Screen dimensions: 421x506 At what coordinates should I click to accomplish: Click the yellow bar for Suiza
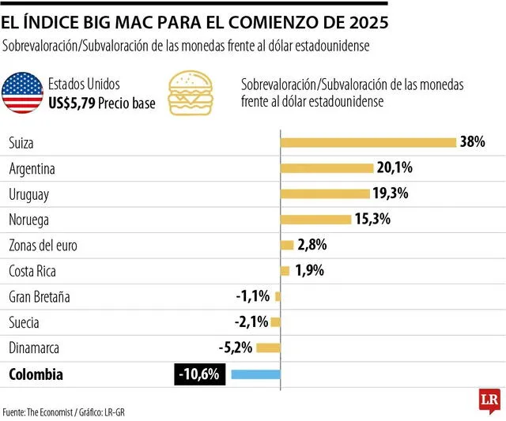tap(368, 142)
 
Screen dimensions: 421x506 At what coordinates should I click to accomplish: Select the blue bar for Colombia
tap(254, 374)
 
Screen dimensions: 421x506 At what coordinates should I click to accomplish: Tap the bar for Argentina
tap(327, 168)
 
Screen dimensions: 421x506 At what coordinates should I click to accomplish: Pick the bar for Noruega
tap(316, 220)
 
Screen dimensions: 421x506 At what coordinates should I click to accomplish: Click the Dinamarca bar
tap(268, 348)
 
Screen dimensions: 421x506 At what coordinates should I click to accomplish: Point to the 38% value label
tap(472, 142)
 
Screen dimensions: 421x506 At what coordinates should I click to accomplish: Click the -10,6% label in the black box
tap(200, 374)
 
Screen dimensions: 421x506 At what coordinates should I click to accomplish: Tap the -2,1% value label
tap(252, 322)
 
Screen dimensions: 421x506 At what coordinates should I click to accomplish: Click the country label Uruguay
tap(29, 194)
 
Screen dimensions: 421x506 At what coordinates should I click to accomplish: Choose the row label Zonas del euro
tap(43, 246)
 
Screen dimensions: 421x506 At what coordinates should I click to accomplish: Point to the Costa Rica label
tap(32, 271)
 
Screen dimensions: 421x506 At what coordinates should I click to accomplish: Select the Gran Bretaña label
tap(39, 297)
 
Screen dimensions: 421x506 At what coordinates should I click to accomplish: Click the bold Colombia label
tap(35, 374)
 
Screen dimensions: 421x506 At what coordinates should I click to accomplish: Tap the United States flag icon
tap(22, 93)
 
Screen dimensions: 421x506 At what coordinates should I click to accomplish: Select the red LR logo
tap(485, 401)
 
